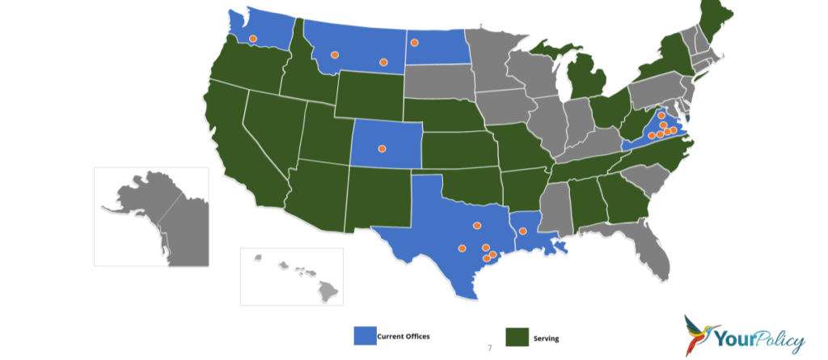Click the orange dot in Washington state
[252, 38]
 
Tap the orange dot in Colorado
[382, 148]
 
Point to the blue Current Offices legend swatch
[365, 336]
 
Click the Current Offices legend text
[403, 336]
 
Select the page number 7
[490, 348]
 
